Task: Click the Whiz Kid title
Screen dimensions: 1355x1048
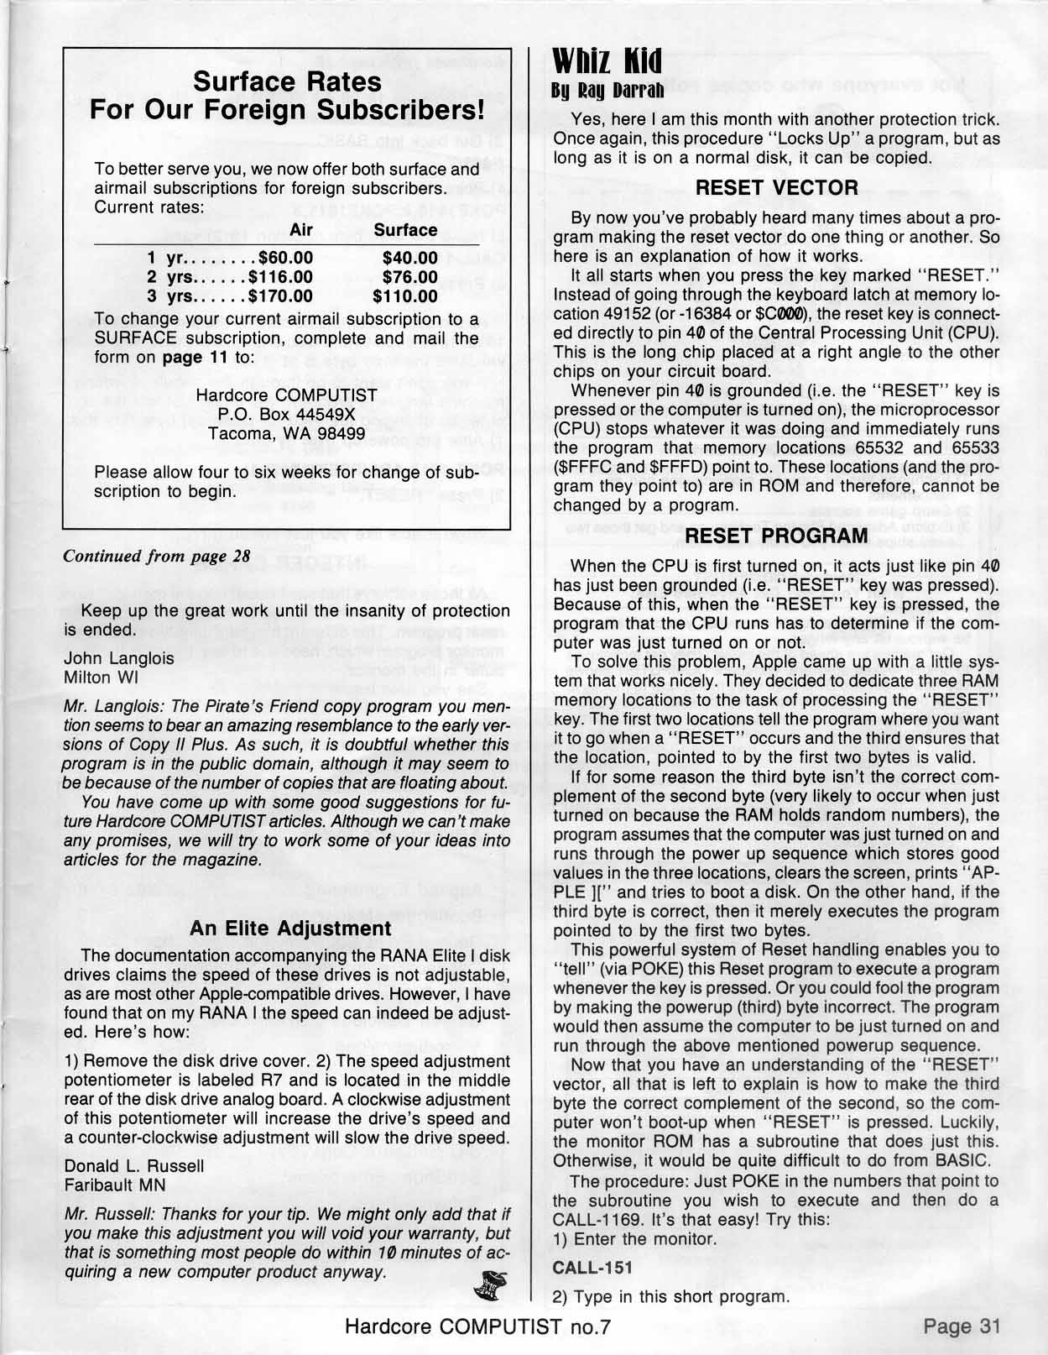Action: tap(607, 60)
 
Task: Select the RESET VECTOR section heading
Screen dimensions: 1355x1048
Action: tap(777, 188)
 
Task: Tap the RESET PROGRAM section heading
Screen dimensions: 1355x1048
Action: tap(777, 536)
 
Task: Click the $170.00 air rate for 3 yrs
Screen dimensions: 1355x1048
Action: tap(280, 296)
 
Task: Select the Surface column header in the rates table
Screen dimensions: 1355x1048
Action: tap(405, 230)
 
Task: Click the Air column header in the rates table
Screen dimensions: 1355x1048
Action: tap(305, 230)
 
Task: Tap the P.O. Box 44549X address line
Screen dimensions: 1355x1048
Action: tap(286, 414)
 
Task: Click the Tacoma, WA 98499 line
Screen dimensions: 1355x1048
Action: tap(286, 433)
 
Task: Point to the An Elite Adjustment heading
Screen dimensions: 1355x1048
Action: tap(290, 928)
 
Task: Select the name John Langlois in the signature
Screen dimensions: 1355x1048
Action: tap(118, 658)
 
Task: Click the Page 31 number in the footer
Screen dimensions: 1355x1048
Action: tap(962, 1326)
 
